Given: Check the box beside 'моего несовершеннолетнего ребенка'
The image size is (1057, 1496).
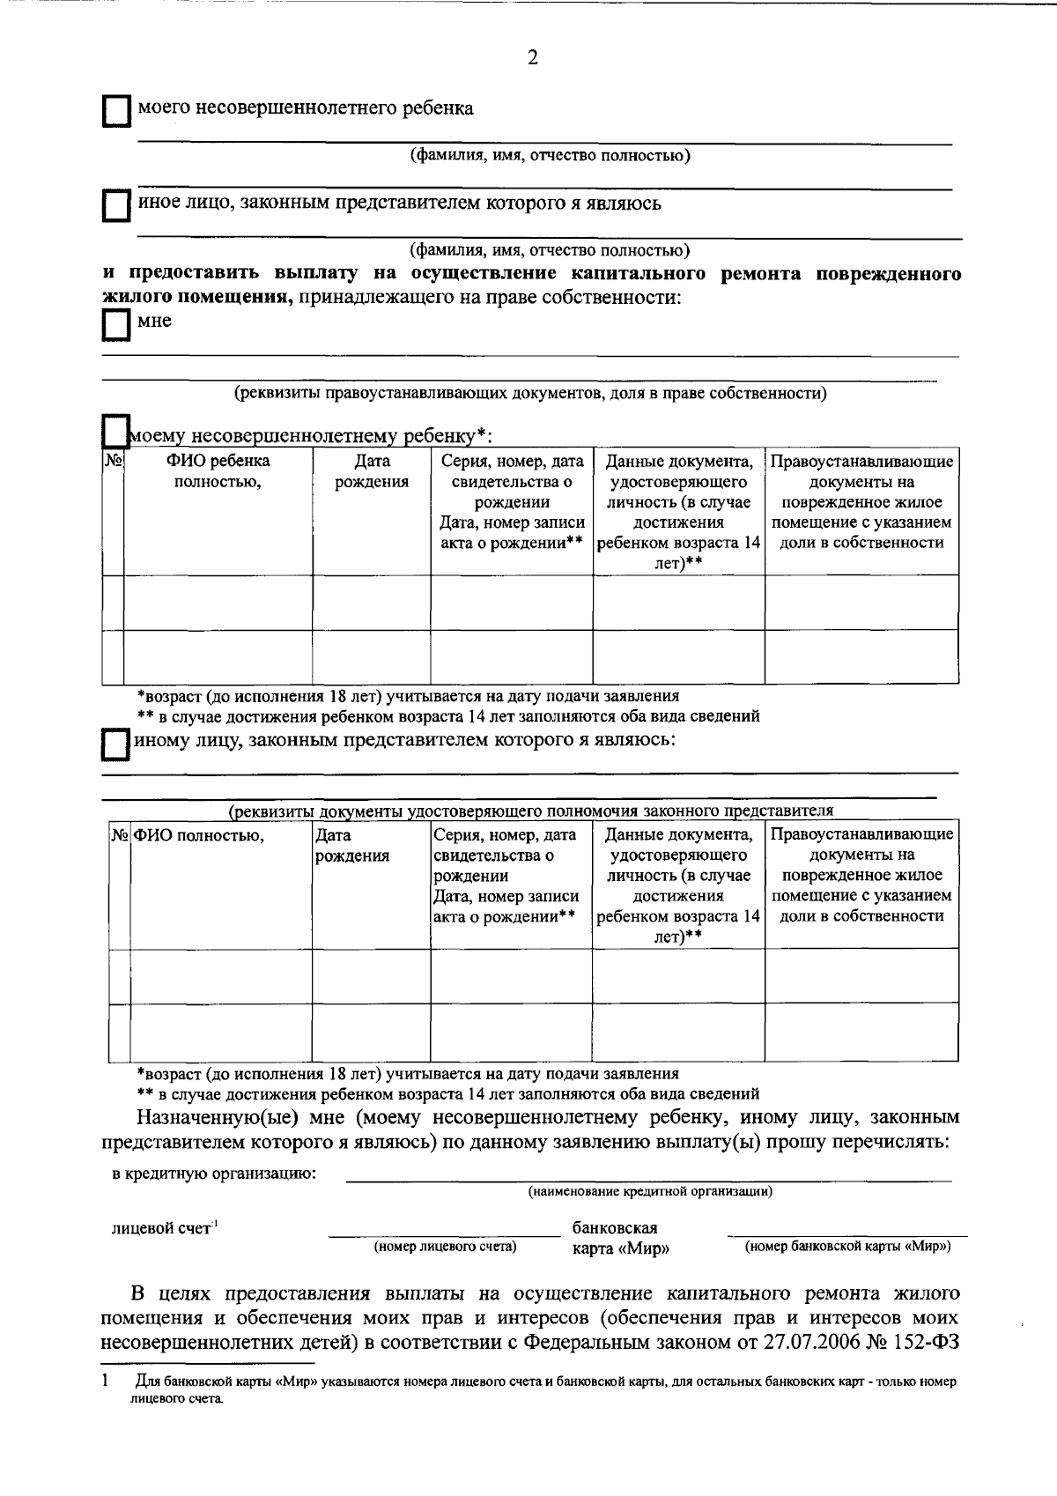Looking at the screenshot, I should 115,113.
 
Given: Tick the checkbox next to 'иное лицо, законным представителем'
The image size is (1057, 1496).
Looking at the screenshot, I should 115,208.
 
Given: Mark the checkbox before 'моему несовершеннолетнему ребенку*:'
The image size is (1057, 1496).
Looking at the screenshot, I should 115,432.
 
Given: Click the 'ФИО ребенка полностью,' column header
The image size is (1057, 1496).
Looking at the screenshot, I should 218,471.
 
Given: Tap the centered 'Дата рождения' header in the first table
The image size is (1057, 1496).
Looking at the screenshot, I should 372,471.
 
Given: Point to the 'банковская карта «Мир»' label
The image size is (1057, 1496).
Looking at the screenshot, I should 615,1238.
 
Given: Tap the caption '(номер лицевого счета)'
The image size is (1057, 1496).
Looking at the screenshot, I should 445,1247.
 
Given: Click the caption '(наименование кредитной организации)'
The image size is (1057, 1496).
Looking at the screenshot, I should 650,1191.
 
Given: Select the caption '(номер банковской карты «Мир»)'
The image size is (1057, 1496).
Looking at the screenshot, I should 847,1247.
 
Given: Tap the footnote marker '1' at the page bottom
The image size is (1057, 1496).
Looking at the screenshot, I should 106,1381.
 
